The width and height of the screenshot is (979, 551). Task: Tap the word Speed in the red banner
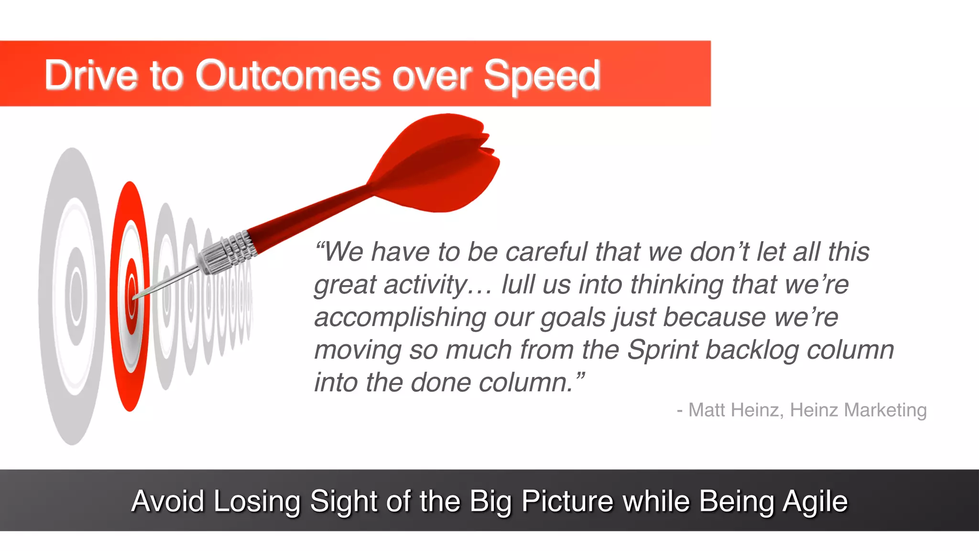[x=542, y=76]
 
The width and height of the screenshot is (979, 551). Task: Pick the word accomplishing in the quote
[x=400, y=318]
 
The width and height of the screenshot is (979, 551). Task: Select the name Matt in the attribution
[x=706, y=410]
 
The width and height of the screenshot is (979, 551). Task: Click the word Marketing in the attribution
[x=885, y=410]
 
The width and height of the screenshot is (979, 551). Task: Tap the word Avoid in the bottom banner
[x=168, y=501]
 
